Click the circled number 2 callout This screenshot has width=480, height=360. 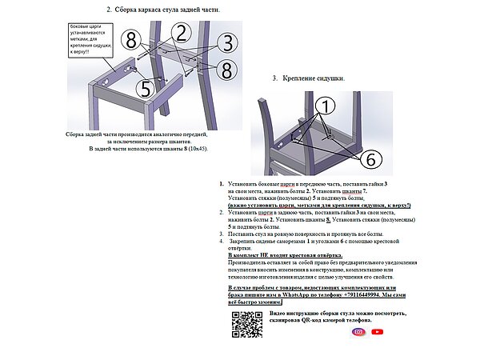[181, 33]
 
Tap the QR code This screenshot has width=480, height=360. [247, 325]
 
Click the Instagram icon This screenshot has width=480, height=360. [359, 332]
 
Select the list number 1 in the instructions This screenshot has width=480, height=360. [222, 184]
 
